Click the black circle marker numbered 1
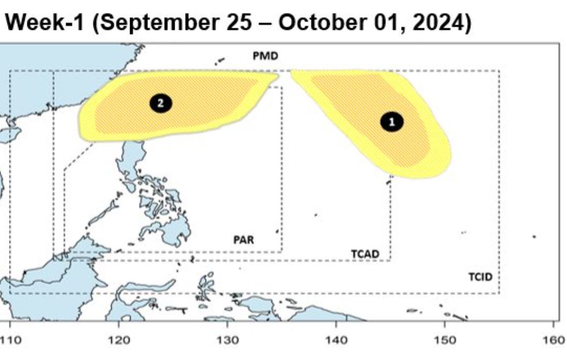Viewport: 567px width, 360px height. tap(392, 122)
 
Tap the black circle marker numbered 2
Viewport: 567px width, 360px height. tap(160, 103)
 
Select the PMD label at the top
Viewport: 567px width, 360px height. tap(265, 56)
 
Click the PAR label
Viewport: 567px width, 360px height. tap(244, 240)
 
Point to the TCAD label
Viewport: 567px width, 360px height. tap(365, 254)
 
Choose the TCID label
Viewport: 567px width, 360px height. tap(481, 277)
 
